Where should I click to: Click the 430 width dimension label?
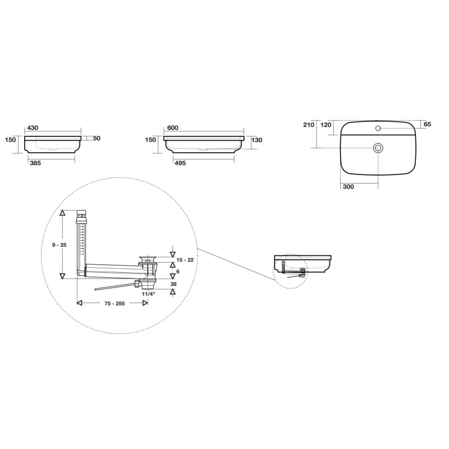click(33, 128)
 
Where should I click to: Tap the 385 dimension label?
click(35, 163)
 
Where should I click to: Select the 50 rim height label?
click(97, 138)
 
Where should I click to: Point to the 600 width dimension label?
click(173, 128)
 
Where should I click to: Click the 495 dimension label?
click(180, 163)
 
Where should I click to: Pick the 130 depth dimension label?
click(257, 140)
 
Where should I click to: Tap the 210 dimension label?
click(309, 125)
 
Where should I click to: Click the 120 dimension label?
click(326, 125)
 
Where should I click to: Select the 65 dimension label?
click(427, 124)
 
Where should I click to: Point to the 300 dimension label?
click(348, 187)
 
